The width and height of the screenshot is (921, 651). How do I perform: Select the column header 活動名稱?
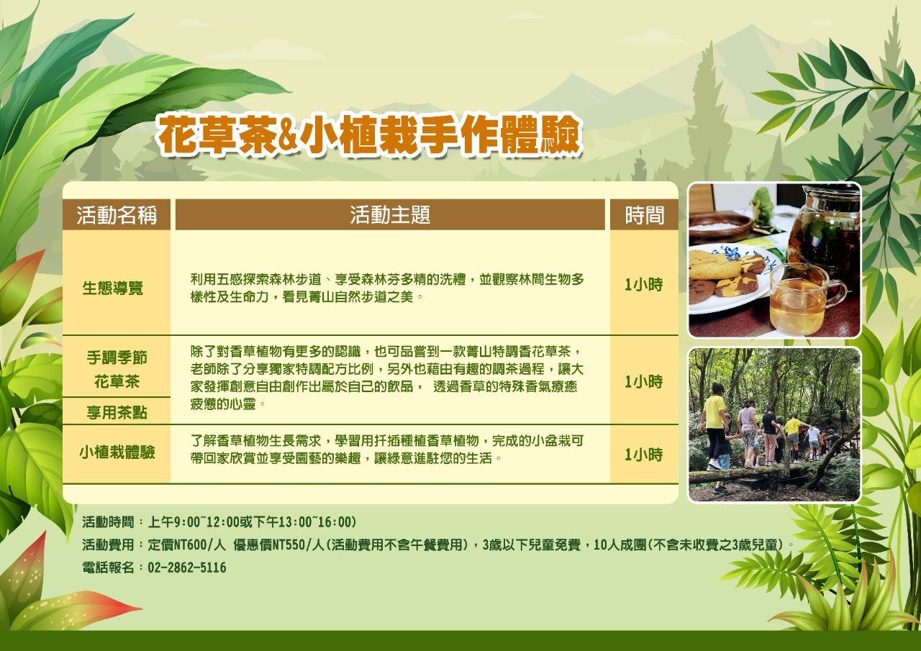[x=117, y=215]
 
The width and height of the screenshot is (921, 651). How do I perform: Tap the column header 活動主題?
[x=390, y=215]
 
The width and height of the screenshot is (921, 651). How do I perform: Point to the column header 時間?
[x=644, y=215]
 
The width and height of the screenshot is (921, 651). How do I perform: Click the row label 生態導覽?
[x=113, y=288]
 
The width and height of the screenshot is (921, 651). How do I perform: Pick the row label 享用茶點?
[x=117, y=412]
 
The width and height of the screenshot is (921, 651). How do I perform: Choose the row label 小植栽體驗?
[x=117, y=452]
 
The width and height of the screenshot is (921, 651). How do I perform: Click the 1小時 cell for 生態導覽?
[x=644, y=285]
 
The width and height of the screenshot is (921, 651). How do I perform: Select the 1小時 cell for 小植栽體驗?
[x=644, y=455]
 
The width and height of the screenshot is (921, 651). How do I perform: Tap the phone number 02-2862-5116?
[x=187, y=568]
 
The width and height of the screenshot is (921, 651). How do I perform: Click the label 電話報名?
[x=108, y=568]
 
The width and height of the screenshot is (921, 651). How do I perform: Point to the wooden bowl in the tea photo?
[x=720, y=227]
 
